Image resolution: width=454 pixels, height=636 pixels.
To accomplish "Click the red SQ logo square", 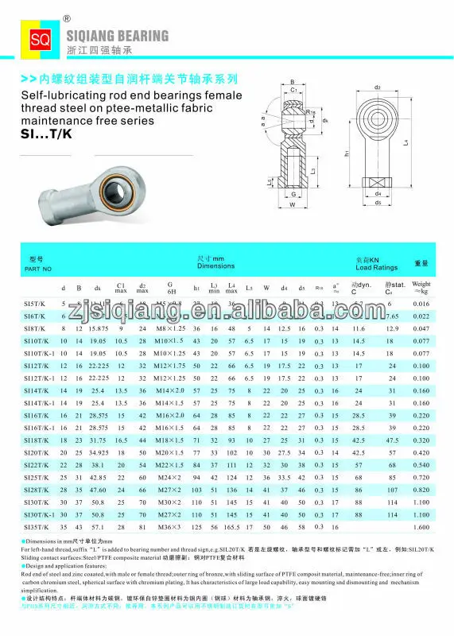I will point(39,39).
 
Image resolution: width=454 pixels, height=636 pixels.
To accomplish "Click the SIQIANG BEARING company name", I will point(112,35).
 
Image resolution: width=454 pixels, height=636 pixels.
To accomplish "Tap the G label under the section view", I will point(293,193).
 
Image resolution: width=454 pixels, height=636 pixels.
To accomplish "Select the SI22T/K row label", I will point(37,464).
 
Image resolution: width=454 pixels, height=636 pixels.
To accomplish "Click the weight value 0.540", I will point(421,464).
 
